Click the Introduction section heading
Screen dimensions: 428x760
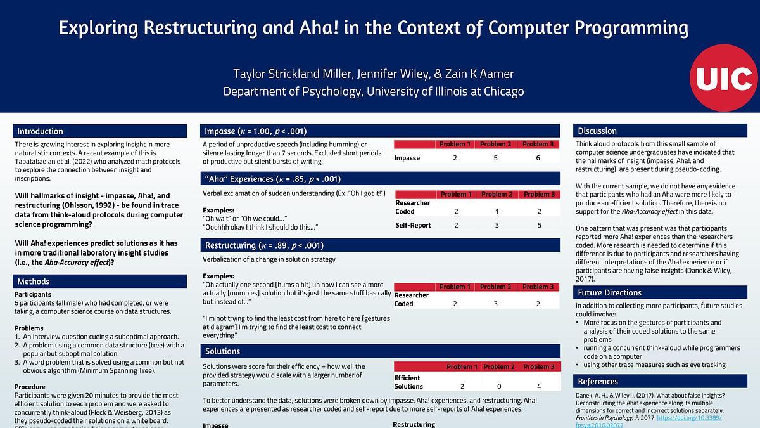pos(41,131)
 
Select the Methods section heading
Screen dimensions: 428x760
pos(34,281)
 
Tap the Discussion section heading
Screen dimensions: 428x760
pos(597,131)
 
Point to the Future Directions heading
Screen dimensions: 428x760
pos(609,292)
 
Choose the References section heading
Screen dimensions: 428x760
pos(598,381)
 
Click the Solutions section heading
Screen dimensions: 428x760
pos(222,351)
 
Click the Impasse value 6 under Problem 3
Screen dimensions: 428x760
pos(538,157)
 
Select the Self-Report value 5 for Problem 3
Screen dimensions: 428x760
pos(538,225)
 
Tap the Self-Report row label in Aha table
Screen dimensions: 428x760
pos(413,225)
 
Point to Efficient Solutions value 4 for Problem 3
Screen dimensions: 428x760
pos(538,386)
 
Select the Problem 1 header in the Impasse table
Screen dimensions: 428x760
pos(454,144)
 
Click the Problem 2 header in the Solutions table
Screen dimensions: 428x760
pos(498,366)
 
